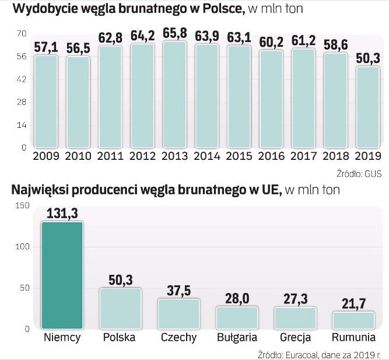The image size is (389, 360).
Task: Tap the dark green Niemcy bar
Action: [x=62, y=275]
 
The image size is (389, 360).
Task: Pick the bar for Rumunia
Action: [x=353, y=320]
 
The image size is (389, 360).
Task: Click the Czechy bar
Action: [x=178, y=313]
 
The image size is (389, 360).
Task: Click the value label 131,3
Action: [x=62, y=214]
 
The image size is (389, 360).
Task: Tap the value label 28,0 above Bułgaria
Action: [x=237, y=299]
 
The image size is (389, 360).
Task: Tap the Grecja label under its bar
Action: [x=295, y=338]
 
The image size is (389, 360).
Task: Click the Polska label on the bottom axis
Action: [x=119, y=338]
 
